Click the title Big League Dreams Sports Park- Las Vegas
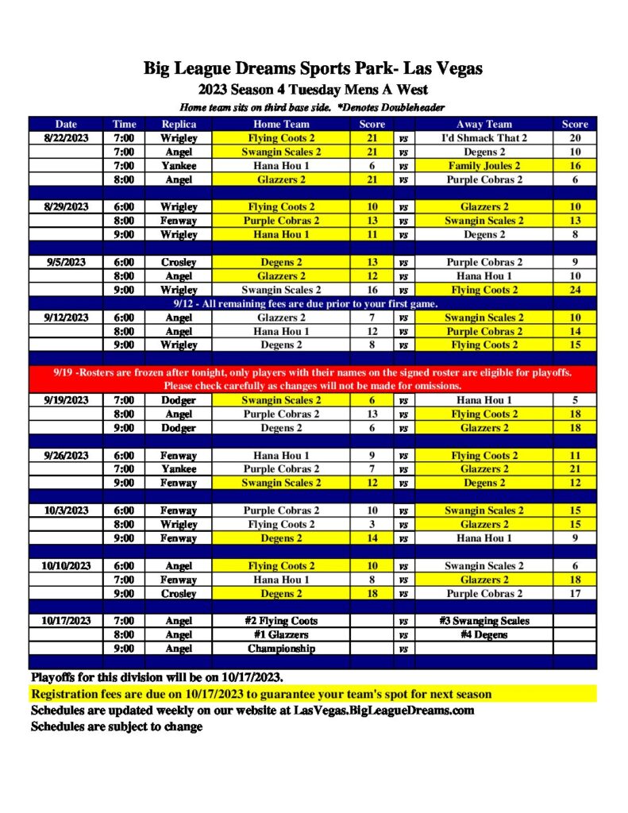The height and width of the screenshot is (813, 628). pos(313,68)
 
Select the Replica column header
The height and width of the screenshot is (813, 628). pos(178,124)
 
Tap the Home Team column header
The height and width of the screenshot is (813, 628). pos(281,124)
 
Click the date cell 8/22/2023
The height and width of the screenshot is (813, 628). pos(66,138)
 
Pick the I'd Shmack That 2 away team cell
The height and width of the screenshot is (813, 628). pos(484,138)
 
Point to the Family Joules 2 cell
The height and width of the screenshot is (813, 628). pos(484,166)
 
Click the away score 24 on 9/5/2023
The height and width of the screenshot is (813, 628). pos(575,290)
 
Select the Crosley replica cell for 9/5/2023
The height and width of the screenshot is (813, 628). pos(178,262)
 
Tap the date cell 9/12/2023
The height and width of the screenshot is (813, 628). pos(66,318)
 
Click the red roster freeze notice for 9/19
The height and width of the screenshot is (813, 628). pos(313,380)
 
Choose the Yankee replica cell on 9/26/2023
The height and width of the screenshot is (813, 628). pos(178,469)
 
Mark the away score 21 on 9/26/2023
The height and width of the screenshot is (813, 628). pos(575,469)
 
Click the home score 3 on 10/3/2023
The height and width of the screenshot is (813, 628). pos(372,524)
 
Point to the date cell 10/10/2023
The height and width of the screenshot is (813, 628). pos(66,566)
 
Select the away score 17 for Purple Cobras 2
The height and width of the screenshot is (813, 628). pos(575,593)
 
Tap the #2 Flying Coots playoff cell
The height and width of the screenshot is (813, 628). pos(281,621)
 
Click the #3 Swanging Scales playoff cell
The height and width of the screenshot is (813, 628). pos(484,621)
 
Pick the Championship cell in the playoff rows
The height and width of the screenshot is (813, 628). pos(281,649)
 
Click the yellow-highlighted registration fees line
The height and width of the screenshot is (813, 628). pos(262,695)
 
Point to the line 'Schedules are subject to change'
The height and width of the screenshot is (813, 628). pos(117,726)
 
